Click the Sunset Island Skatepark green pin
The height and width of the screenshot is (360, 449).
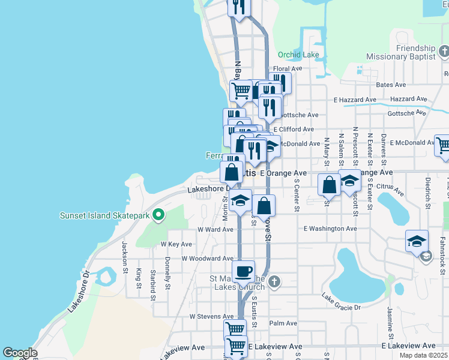158,214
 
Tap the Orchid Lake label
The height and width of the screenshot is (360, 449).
298,55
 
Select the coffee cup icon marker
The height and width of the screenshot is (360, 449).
243,272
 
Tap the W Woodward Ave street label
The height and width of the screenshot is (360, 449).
207,259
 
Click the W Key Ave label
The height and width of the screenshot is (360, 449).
176,244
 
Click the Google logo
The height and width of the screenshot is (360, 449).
19,353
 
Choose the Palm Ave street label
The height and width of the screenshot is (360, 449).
283,323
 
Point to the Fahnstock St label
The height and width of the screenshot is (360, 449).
441,252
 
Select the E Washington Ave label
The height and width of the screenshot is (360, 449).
330,229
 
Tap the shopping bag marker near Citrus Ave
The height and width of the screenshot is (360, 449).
329,185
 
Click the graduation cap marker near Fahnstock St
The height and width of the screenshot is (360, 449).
417,241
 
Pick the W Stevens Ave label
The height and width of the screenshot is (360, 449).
210,316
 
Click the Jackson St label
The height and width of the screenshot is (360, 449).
125,256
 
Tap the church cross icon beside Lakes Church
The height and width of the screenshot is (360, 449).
274,281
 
